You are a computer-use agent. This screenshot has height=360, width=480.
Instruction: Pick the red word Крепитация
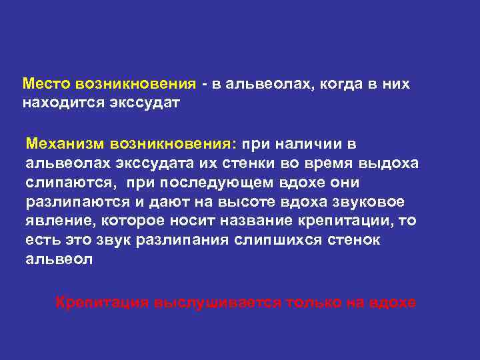tap(102, 302)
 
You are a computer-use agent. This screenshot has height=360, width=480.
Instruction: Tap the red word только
tap(313, 302)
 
